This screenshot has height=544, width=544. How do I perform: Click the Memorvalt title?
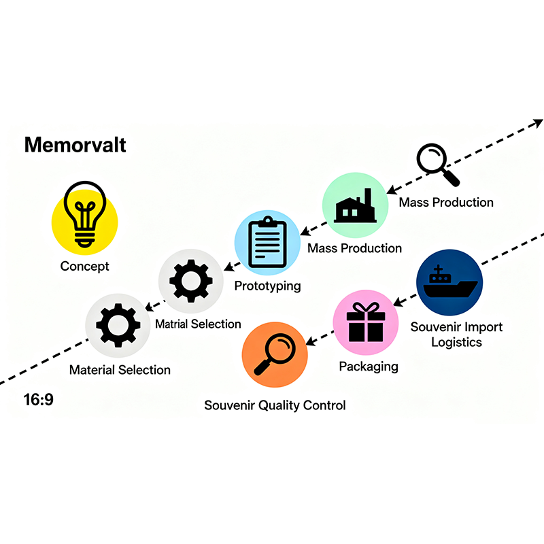[75, 145]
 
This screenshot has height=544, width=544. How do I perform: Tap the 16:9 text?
[38, 400]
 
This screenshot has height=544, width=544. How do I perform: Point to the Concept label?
[85, 266]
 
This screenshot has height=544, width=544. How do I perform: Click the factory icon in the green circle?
[355, 205]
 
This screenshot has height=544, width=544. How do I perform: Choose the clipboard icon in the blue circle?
[267, 243]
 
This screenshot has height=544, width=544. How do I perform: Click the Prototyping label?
[267, 286]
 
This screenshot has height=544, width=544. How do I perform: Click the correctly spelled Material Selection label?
[120, 370]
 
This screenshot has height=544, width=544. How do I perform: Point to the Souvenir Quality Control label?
[275, 405]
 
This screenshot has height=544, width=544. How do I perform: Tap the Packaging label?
[369, 367]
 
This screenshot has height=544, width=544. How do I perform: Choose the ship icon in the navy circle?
[449, 282]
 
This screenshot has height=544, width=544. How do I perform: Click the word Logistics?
[456, 342]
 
